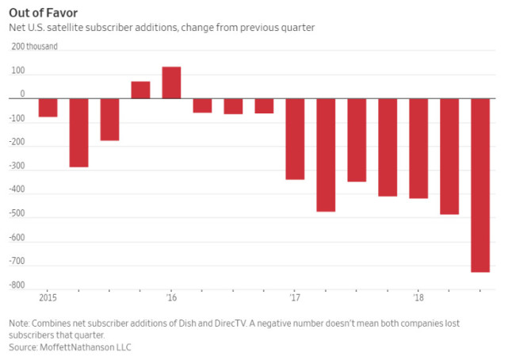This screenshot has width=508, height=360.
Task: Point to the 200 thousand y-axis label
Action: [x=33, y=46]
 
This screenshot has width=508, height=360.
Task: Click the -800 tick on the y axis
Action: [x=17, y=285]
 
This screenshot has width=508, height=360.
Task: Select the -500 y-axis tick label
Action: [x=17, y=213]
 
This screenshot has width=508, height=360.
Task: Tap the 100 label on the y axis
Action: [x=17, y=71]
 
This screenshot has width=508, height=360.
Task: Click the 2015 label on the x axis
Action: [x=47, y=299]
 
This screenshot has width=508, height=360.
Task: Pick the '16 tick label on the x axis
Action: [x=171, y=299]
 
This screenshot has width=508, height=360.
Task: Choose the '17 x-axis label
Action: [x=295, y=299]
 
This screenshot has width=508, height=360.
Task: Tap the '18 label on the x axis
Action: [x=418, y=299]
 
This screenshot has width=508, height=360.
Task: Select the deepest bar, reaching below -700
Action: [x=480, y=186]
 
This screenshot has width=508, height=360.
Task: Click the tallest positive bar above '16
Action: [x=171, y=82]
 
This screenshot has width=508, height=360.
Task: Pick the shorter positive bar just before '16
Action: [x=140, y=90]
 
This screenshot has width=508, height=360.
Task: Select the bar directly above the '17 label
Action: [x=295, y=139]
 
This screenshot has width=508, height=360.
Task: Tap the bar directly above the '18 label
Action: [x=418, y=148]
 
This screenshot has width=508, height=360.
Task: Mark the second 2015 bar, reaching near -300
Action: [x=78, y=132]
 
